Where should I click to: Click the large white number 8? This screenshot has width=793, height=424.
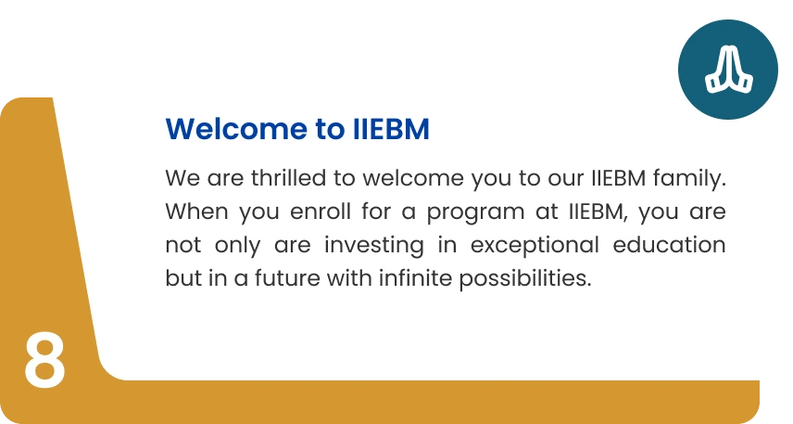pyautogui.click(x=44, y=360)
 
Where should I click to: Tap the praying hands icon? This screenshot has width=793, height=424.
pyautogui.click(x=729, y=70)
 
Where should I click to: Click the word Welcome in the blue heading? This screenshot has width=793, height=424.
pyautogui.click(x=236, y=129)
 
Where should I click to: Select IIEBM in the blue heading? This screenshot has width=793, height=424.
pyautogui.click(x=391, y=129)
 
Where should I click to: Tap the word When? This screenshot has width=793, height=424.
pyautogui.click(x=196, y=212)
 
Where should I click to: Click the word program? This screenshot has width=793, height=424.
pyautogui.click(x=475, y=212)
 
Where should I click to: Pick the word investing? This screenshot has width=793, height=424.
pyautogui.click(x=374, y=246)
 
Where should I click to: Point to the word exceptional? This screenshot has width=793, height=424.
pyautogui.click(x=535, y=246)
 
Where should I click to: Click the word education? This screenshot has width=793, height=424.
pyautogui.click(x=669, y=245)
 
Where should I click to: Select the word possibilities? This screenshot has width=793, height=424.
pyautogui.click(x=525, y=279)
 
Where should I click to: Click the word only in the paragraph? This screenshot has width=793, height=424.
pyautogui.click(x=237, y=246)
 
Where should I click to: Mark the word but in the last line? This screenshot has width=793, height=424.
pyautogui.click(x=183, y=278)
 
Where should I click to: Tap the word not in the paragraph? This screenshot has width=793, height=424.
pyautogui.click(x=183, y=245)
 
